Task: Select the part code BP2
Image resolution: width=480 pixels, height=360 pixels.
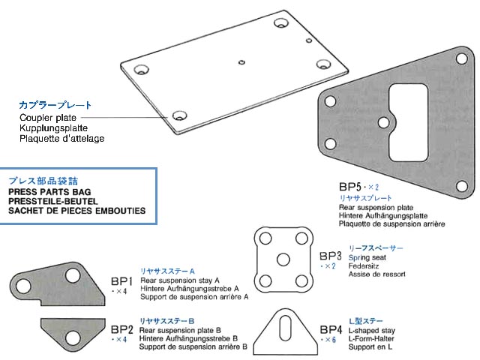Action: pos(121,328)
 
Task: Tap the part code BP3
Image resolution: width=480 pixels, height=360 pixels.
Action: pos(331,255)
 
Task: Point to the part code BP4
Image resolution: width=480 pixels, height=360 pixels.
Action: pos(331,329)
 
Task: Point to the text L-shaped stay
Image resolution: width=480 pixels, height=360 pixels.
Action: pos(373,330)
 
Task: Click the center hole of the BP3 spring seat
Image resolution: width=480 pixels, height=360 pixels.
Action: pos(283,259)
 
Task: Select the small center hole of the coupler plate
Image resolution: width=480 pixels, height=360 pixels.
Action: pos(241,61)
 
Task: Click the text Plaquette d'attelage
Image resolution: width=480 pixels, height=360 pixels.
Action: pos(62,139)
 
